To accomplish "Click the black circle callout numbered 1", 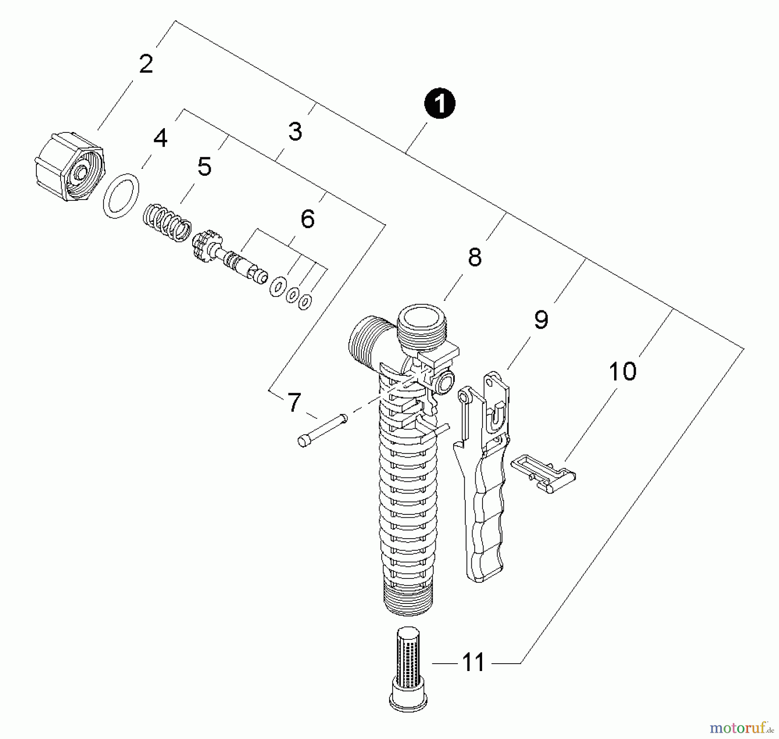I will (x=439, y=104).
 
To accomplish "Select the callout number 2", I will (x=146, y=64).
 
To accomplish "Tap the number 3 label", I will (x=295, y=132).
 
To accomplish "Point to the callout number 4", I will (x=160, y=139).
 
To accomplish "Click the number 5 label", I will (x=204, y=167).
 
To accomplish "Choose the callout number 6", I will (x=307, y=219).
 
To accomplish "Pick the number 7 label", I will (x=294, y=403).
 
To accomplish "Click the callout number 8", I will (x=475, y=258).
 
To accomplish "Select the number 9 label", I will (x=541, y=320).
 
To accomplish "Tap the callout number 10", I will (x=622, y=371).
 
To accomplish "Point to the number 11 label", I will (x=473, y=663).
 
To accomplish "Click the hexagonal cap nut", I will (x=69, y=167).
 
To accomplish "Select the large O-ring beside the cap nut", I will (x=121, y=196).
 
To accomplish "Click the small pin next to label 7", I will (x=322, y=429).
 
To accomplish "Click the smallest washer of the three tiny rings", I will (x=305, y=302).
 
